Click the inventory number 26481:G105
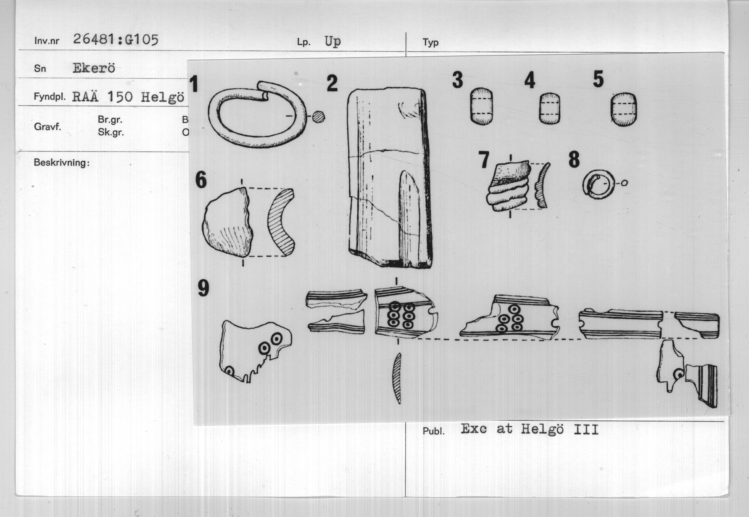[116, 40]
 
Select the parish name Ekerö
[94, 68]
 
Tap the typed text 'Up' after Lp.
[332, 42]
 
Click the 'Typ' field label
[431, 42]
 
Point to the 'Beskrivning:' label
[61, 163]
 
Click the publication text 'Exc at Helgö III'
[530, 429]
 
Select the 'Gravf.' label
[47, 126]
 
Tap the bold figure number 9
[203, 288]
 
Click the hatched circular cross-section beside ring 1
[319, 116]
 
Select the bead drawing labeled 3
[481, 106]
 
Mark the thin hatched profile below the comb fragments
[396, 378]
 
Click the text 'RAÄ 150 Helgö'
[128, 97]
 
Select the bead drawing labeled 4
[550, 108]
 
